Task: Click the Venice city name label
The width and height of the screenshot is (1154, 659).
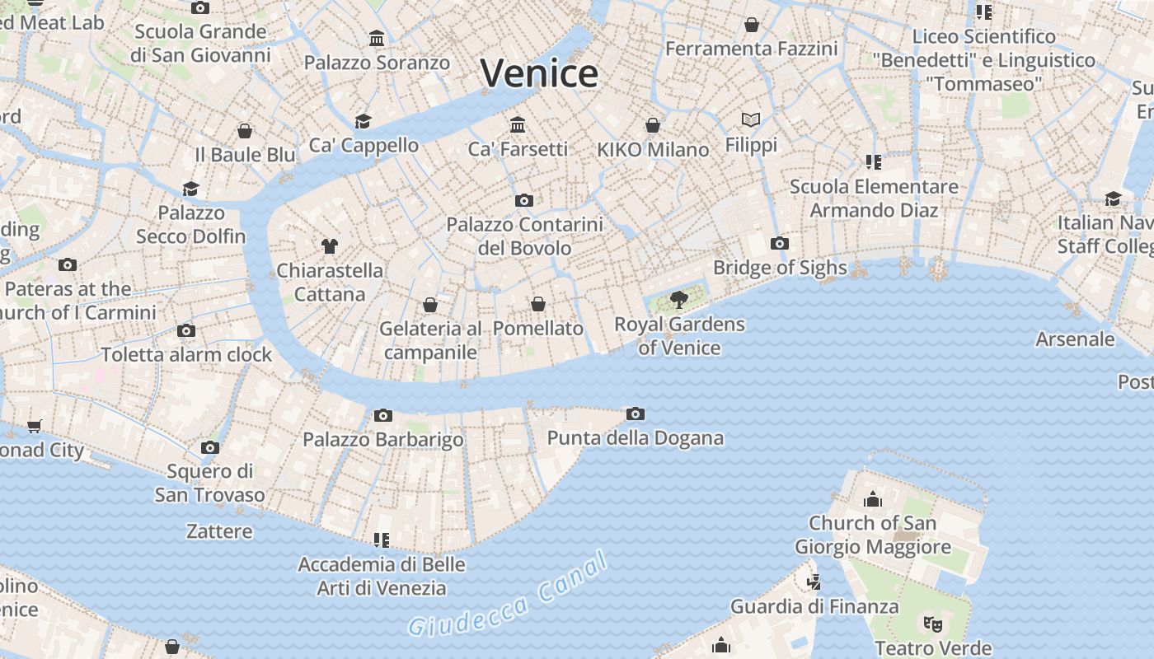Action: click(x=539, y=73)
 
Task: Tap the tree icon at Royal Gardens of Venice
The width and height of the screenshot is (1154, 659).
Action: click(x=679, y=300)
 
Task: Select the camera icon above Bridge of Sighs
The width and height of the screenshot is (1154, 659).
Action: click(x=779, y=243)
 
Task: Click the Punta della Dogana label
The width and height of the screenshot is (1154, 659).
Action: click(x=635, y=438)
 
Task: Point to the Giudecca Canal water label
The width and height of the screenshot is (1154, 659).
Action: click(x=509, y=595)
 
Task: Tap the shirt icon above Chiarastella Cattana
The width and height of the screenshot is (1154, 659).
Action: click(x=330, y=245)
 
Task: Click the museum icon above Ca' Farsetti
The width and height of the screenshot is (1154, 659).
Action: click(x=518, y=124)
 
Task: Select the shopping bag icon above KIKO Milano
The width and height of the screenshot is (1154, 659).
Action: click(x=653, y=125)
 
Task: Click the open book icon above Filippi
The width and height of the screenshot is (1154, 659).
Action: click(x=750, y=120)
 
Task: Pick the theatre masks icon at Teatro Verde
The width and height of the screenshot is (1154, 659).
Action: click(x=932, y=624)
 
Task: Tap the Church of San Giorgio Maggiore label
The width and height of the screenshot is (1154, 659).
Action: click(x=872, y=535)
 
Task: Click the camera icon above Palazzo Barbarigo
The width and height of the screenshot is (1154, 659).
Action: click(x=382, y=415)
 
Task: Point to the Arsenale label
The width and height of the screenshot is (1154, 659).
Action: click(x=1075, y=339)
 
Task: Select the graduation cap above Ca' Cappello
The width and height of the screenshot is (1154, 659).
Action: click(x=363, y=122)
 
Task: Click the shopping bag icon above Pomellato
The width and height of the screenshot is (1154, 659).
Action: click(x=538, y=304)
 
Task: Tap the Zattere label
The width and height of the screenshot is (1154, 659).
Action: click(x=219, y=531)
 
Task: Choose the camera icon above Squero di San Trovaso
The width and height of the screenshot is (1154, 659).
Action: click(x=210, y=448)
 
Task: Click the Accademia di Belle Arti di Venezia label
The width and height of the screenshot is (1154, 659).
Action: click(x=381, y=577)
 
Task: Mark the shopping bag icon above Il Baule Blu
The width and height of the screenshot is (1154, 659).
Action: click(x=245, y=131)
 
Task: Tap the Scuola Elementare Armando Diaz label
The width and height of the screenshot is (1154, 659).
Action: click(x=874, y=199)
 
